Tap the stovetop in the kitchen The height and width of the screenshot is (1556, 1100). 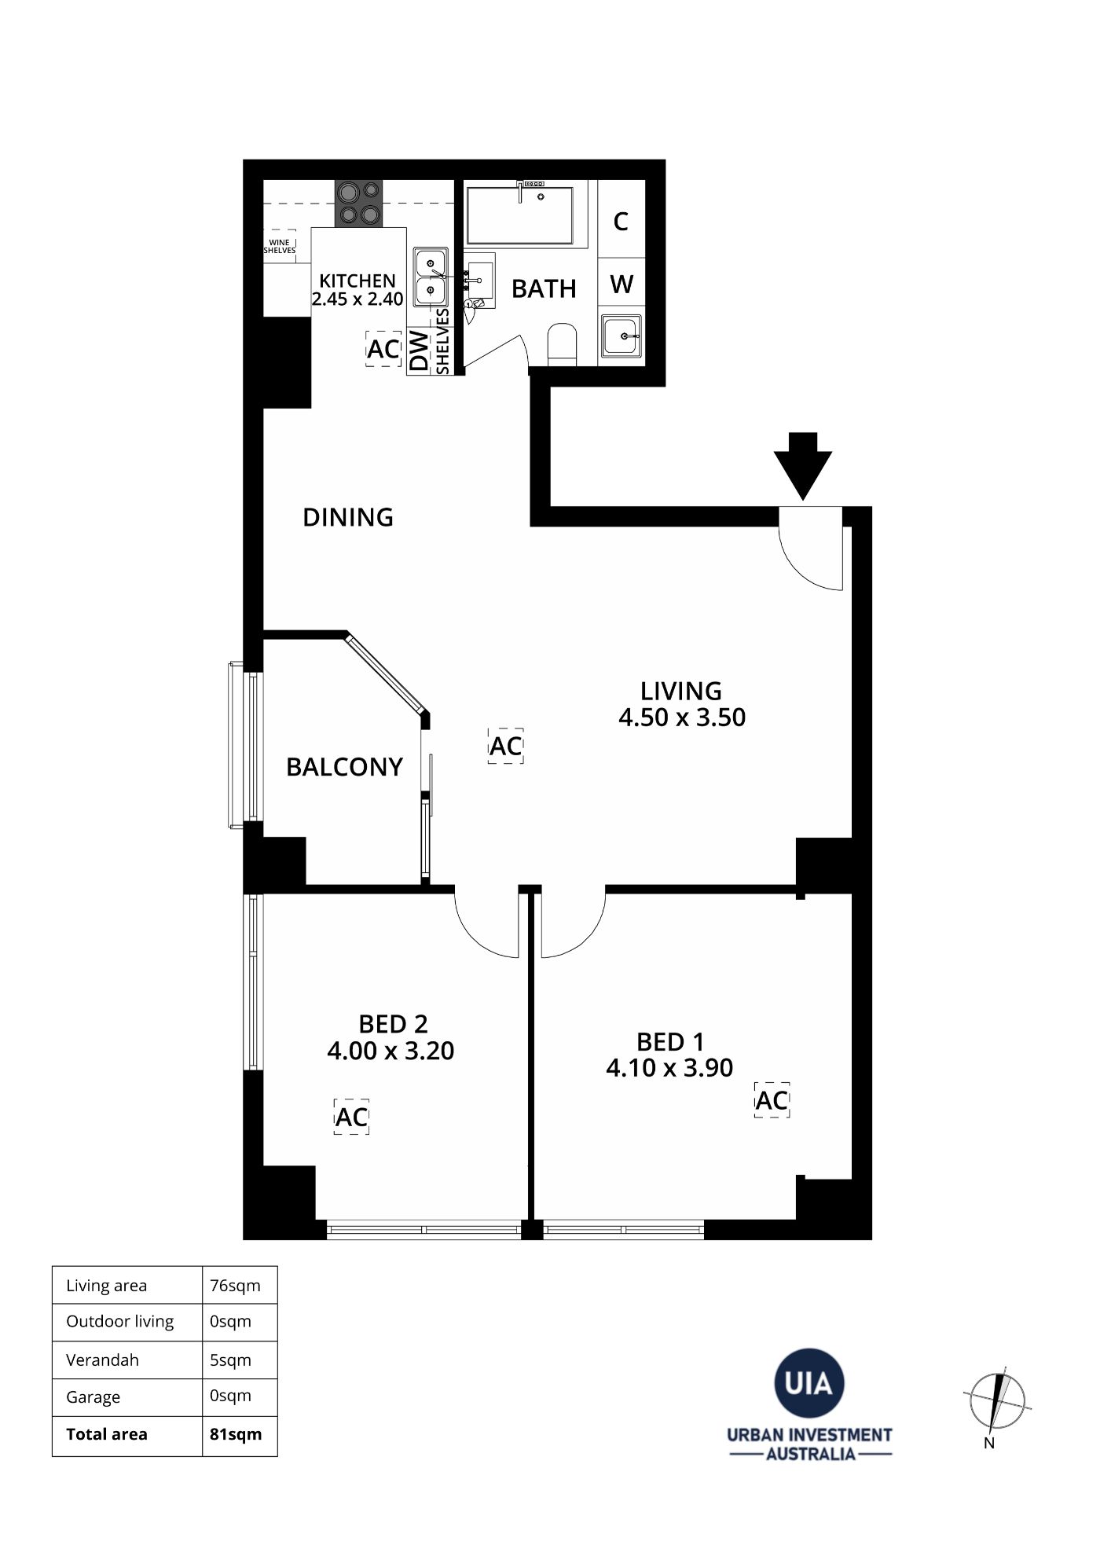pyautogui.click(x=359, y=204)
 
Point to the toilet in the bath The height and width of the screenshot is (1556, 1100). pyautogui.click(x=562, y=343)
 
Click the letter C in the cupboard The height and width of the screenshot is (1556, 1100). pyautogui.click(x=621, y=222)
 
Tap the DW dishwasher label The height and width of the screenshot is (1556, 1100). pyautogui.click(x=420, y=350)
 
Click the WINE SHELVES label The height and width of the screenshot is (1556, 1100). pyautogui.click(x=279, y=247)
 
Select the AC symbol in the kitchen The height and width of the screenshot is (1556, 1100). pyautogui.click(x=383, y=348)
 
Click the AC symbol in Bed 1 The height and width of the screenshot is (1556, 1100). pyautogui.click(x=772, y=1100)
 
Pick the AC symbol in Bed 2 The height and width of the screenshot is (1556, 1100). pyautogui.click(x=351, y=1117)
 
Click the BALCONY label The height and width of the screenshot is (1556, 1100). pyautogui.click(x=344, y=767)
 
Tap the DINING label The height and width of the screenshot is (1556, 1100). pyautogui.click(x=348, y=517)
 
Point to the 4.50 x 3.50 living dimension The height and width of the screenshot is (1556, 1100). pyautogui.click(x=682, y=717)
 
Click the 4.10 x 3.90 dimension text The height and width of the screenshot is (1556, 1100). pyautogui.click(x=669, y=1068)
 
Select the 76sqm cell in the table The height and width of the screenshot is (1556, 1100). pyautogui.click(x=235, y=1286)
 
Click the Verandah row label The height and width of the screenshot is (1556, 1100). pyautogui.click(x=102, y=1360)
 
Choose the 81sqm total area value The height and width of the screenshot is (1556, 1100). pyautogui.click(x=236, y=1434)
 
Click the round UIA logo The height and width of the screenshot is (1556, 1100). pyautogui.click(x=809, y=1383)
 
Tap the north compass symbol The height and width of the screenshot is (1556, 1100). pyautogui.click(x=997, y=1401)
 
